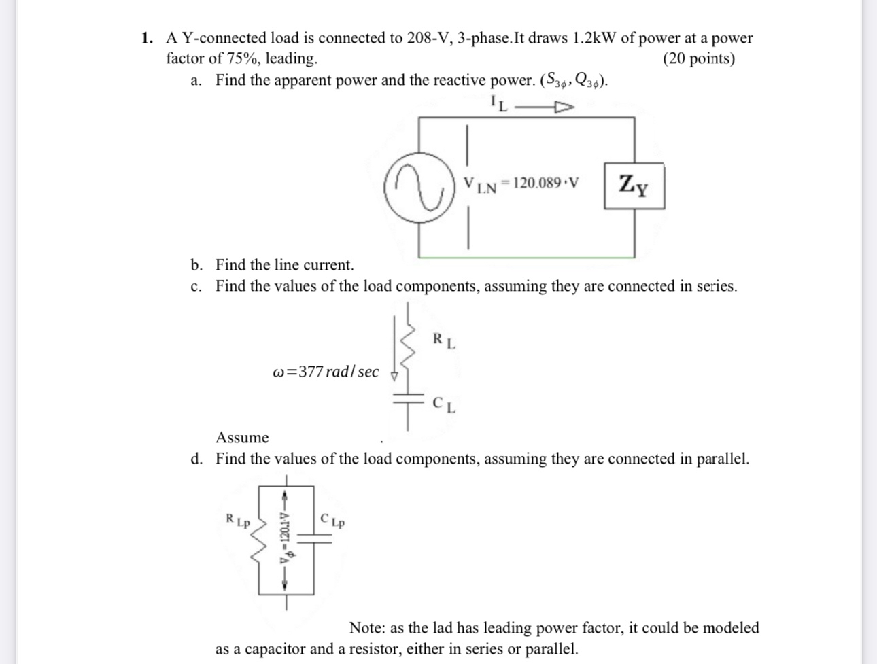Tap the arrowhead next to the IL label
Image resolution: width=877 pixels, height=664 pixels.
point(564,107)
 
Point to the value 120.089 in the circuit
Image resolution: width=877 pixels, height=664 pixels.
point(537,183)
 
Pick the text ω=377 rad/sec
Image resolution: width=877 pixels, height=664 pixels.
point(326,372)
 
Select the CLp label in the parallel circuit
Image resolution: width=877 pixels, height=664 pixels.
point(332,521)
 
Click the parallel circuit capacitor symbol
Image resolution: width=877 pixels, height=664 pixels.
point(313,538)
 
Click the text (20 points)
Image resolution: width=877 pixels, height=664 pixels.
point(698,59)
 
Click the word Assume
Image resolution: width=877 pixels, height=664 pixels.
point(242,438)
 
